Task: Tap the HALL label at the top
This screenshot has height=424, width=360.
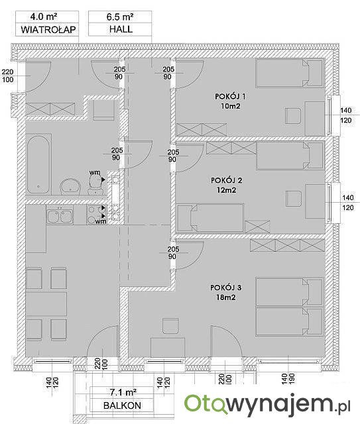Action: click(121, 29)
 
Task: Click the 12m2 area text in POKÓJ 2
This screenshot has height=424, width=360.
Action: click(226, 190)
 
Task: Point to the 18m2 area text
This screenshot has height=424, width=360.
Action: click(225, 297)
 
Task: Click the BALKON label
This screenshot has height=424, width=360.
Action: click(122, 405)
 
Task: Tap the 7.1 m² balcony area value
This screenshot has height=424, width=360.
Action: click(123, 392)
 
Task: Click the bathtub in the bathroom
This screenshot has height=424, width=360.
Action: click(38, 164)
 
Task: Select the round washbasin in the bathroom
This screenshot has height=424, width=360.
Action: click(70, 186)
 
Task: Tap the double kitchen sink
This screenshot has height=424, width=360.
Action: click(60, 215)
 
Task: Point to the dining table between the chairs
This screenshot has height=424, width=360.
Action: click(46, 303)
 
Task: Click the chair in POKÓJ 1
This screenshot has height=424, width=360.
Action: click(293, 116)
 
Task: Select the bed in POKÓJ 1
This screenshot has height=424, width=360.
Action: click(290, 73)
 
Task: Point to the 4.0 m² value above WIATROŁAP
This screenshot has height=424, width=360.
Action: click(44, 17)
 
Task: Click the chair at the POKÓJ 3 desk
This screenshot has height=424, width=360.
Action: click(171, 326)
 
